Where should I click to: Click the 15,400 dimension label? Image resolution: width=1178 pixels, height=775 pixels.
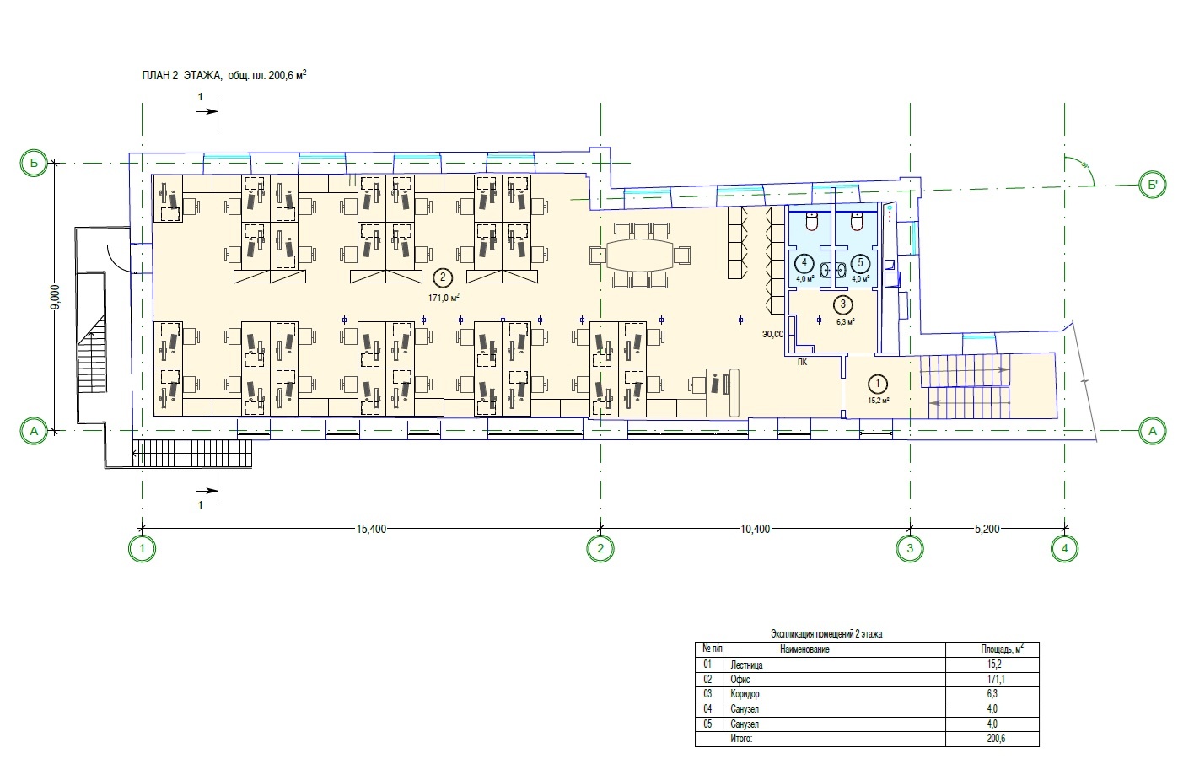point(371,529)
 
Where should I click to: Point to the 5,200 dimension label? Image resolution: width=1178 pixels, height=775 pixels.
point(987,529)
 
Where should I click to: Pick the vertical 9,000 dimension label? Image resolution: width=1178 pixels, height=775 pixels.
point(56,297)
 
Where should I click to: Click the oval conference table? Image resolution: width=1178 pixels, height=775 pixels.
point(639,256)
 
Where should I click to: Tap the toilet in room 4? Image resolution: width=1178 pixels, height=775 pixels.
point(813,222)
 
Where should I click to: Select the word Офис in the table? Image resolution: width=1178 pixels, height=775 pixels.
point(740,680)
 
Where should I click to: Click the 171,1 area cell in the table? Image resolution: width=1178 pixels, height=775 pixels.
point(996,680)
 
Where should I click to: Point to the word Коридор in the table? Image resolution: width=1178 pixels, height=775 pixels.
point(745,694)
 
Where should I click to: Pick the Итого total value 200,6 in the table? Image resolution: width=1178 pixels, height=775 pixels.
point(996,738)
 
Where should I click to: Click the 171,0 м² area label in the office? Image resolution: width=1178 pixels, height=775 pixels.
point(444,298)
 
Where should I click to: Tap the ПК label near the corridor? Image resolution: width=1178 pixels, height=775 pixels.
point(802,363)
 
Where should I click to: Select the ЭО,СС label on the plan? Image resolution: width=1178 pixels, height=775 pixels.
point(772,334)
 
